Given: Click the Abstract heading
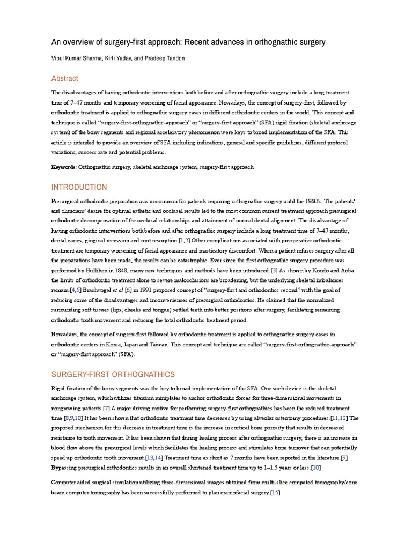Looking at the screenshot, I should [64, 78].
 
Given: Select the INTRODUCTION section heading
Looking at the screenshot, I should [79, 187].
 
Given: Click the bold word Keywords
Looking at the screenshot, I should [63, 167].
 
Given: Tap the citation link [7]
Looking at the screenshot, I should [106, 407].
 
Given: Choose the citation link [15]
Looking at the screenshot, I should [276, 492].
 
